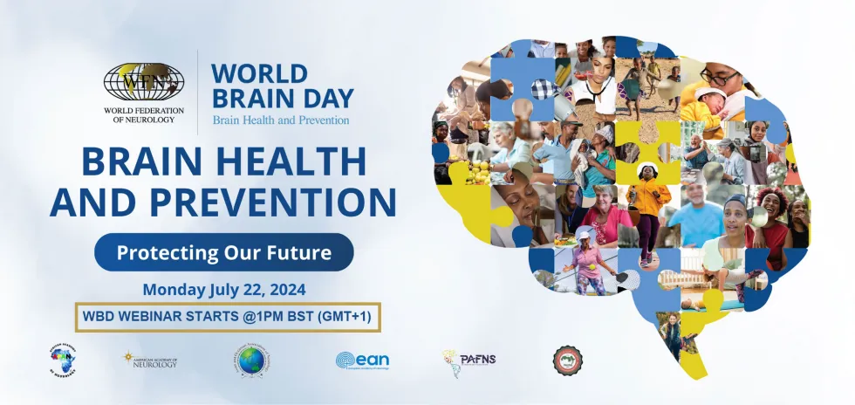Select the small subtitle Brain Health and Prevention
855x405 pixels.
click(x=280, y=120)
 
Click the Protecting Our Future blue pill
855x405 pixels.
click(x=223, y=253)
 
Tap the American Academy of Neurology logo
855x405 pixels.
click(x=150, y=359)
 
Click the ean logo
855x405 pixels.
click(x=361, y=360)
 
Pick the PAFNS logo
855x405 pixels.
click(x=469, y=359)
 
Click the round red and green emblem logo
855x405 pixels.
click(x=568, y=360)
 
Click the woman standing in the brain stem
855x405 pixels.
click(x=674, y=336)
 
